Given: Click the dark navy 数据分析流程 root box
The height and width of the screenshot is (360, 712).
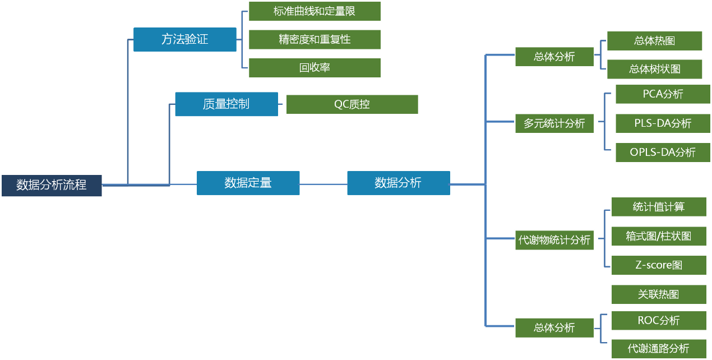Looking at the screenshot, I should click(x=52, y=186).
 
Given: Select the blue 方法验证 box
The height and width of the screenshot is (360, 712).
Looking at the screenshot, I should click(x=184, y=40).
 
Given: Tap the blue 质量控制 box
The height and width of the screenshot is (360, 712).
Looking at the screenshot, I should click(x=226, y=104).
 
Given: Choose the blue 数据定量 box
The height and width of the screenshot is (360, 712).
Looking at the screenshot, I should click(x=248, y=183).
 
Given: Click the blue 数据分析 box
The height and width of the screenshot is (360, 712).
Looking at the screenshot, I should click(x=398, y=183).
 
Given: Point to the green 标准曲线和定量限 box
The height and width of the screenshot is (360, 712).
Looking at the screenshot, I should click(x=315, y=11).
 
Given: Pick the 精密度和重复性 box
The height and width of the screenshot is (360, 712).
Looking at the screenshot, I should click(x=315, y=40).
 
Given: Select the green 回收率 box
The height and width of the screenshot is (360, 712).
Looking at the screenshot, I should click(x=315, y=68).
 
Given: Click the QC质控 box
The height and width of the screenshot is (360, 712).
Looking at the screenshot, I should click(x=352, y=104).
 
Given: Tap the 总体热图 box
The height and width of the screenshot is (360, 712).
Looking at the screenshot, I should click(x=654, y=41).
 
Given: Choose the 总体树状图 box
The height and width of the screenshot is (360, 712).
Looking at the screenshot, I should click(x=654, y=69).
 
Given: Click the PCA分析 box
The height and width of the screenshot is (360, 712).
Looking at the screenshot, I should click(x=663, y=94).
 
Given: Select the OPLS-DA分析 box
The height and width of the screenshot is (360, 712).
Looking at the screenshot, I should click(x=663, y=153).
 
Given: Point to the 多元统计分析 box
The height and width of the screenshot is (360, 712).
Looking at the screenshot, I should click(x=554, y=123).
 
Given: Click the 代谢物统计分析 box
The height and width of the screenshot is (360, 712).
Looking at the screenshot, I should click(x=554, y=240).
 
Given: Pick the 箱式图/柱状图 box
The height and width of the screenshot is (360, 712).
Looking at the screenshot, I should click(x=658, y=236).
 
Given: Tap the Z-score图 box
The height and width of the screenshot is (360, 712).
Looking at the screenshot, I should click(x=658, y=265).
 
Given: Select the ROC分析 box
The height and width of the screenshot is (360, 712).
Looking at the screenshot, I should click(x=658, y=321).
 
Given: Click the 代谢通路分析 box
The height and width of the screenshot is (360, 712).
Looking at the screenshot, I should click(x=658, y=348).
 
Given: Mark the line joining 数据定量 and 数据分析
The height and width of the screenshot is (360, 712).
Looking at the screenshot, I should click(x=323, y=183).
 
